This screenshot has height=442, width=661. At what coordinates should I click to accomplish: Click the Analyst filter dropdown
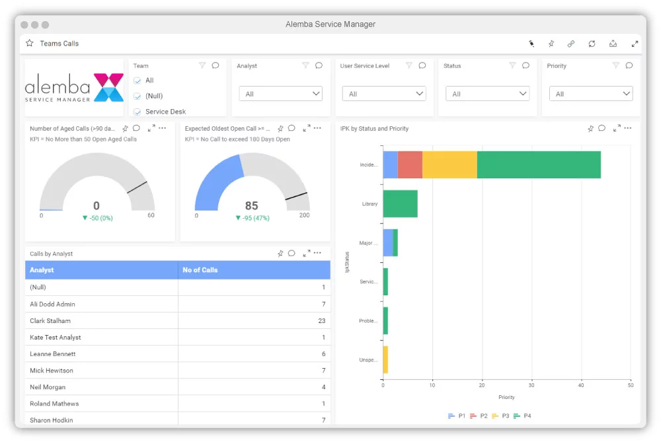click(280, 94)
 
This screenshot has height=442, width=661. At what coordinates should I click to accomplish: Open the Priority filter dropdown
click(591, 94)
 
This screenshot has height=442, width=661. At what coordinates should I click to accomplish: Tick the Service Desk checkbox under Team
click(137, 112)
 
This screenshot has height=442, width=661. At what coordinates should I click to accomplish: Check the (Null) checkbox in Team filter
click(137, 96)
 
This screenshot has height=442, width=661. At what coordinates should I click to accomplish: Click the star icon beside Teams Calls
click(30, 44)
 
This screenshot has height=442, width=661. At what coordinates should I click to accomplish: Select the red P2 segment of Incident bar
click(410, 165)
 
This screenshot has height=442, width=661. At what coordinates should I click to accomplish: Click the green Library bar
click(400, 203)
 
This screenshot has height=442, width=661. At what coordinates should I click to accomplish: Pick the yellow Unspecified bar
click(385, 360)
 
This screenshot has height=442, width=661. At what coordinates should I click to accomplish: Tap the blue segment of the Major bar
click(388, 242)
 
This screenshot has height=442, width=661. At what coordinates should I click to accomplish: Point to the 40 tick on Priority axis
click(581, 385)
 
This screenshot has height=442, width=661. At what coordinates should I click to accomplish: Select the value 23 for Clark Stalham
click(321, 321)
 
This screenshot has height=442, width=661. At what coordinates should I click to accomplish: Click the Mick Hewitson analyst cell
click(52, 371)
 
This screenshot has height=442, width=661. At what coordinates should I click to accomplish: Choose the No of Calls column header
click(200, 270)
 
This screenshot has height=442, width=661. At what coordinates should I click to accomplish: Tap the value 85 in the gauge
click(251, 205)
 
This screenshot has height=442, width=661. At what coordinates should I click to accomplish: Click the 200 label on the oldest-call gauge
click(304, 215)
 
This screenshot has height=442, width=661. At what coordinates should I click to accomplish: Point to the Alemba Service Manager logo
click(74, 88)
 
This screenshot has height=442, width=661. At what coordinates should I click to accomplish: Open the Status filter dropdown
click(487, 94)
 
